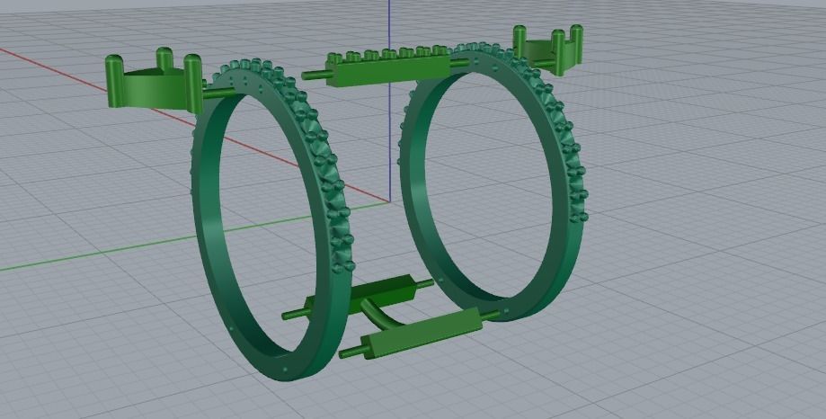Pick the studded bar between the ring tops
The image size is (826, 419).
tap(389, 69)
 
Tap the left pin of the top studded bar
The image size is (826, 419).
tap(314, 76)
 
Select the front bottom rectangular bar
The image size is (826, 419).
tap(422, 332)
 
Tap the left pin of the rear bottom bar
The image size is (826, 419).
tap(293, 314)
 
